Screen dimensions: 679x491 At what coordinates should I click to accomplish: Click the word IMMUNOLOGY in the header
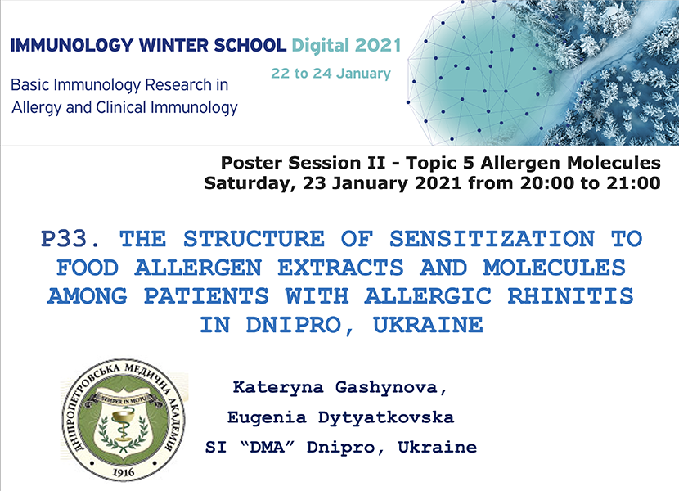tap(71, 46)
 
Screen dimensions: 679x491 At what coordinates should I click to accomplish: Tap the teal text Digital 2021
tap(346, 46)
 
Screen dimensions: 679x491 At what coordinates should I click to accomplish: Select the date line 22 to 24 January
tap(331, 74)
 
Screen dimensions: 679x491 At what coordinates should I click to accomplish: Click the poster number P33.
tap(70, 239)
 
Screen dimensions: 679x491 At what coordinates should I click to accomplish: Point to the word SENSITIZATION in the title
tap(492, 239)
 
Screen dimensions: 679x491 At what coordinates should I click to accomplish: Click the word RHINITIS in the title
tap(570, 296)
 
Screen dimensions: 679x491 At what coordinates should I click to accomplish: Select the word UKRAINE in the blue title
tap(428, 325)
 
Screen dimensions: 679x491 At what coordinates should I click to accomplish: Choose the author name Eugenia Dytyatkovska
tap(340, 417)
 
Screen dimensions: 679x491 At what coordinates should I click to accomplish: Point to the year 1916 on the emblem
tap(124, 472)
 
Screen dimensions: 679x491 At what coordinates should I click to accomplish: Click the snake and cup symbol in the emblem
tap(124, 426)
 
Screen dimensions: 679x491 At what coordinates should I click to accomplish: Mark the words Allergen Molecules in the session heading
tap(571, 163)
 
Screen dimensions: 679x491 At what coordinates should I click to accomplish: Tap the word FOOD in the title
tap(88, 268)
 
